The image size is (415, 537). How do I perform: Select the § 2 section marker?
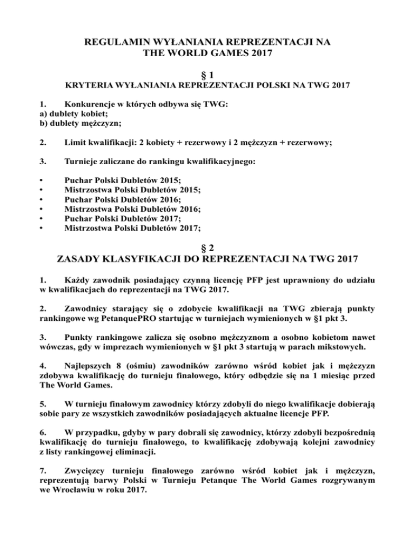pyautogui.click(x=207, y=248)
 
